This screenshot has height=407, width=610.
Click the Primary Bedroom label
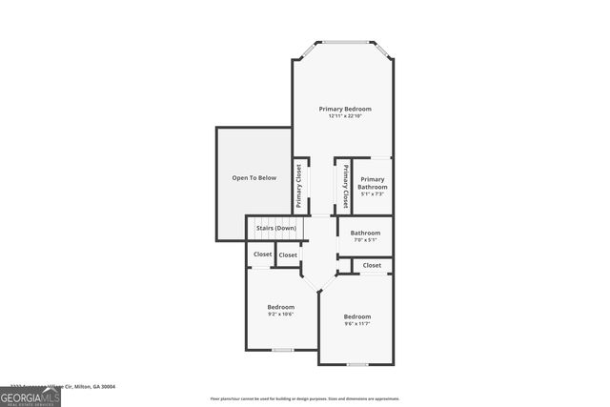tap(344, 109)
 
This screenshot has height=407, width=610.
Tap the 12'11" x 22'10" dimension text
tap(344, 116)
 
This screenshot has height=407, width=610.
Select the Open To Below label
tap(254, 178)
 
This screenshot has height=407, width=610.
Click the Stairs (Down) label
tap(275, 229)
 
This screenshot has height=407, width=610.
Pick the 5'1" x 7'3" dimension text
tap(372, 193)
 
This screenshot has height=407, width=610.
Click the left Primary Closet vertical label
tap(299, 186)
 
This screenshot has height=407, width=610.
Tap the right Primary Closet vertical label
tap(345, 186)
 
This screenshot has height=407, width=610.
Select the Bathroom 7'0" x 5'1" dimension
tap(365, 240)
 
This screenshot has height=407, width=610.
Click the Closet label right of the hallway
tap(372, 265)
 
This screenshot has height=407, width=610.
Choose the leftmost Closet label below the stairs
tap(261, 254)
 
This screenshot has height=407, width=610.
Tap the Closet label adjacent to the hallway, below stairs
tap(288, 254)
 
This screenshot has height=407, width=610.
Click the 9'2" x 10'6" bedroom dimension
tap(280, 314)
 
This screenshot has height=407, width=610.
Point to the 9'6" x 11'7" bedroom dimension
tap(356, 324)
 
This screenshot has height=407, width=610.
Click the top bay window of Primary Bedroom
tap(344, 42)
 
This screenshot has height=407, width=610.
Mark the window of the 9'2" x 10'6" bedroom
tap(282, 350)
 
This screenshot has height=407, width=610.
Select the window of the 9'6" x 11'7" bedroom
tap(356, 364)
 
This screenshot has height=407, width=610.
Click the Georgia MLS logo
tap(30, 397)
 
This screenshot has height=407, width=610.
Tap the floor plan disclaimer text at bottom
tap(305, 398)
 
